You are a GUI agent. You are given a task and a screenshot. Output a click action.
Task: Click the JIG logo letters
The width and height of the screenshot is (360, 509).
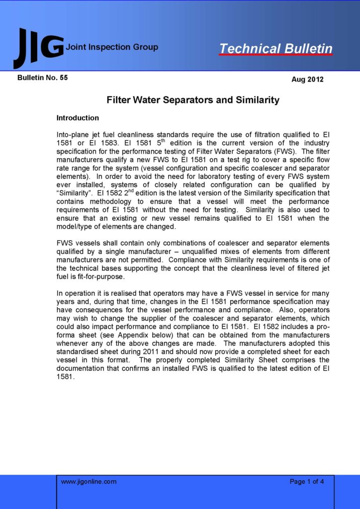(x=39, y=48)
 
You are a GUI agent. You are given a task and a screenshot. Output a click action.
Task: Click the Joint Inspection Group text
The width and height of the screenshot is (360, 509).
(x=112, y=47)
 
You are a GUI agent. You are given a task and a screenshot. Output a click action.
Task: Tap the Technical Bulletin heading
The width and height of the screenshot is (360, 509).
(x=276, y=48)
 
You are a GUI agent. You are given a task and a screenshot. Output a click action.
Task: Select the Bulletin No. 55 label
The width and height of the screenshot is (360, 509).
(x=42, y=78)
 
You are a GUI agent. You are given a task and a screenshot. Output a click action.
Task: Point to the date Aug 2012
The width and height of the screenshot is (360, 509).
(x=307, y=79)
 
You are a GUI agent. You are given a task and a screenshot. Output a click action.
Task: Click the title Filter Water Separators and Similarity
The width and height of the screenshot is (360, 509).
(x=193, y=100)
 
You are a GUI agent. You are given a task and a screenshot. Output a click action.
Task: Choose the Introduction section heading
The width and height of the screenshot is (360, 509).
(x=78, y=118)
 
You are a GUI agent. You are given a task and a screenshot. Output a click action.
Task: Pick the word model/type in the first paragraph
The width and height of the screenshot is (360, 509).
(x=79, y=226)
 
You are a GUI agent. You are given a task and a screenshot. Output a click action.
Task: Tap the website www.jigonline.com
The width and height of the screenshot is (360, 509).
(x=89, y=481)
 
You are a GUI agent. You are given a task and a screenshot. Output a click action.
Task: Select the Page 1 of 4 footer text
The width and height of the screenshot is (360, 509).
(x=307, y=481)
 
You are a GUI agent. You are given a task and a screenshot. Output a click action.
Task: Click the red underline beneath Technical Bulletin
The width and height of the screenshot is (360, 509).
(x=276, y=55)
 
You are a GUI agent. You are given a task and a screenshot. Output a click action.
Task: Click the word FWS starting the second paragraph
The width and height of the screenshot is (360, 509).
(x=65, y=243)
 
